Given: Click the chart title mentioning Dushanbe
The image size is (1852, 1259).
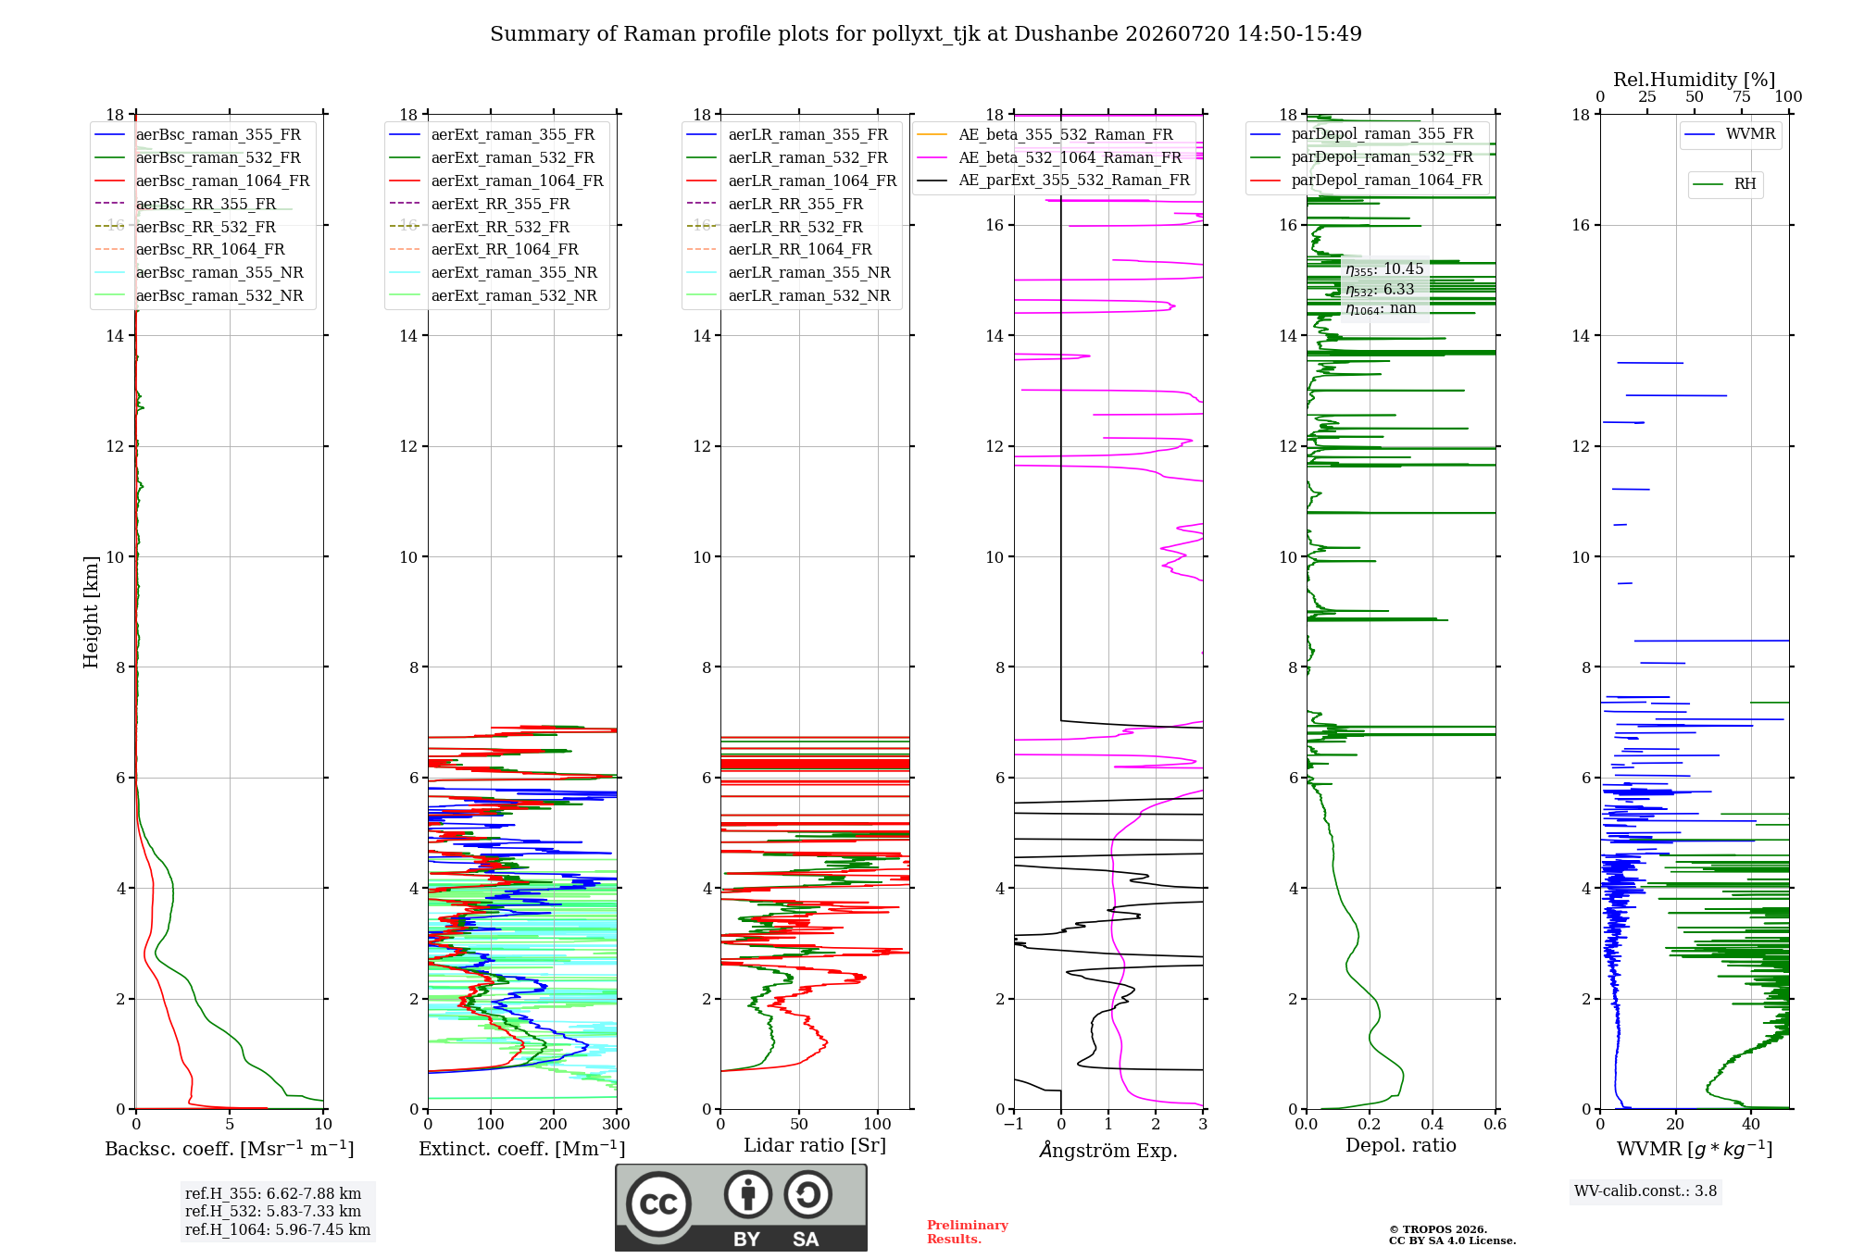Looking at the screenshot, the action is (x=926, y=34).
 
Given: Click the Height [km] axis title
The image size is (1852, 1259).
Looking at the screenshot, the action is (x=91, y=612).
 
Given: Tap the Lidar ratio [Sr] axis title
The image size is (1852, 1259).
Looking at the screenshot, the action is (x=815, y=1146).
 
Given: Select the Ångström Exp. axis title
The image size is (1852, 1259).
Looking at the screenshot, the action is (x=1108, y=1150).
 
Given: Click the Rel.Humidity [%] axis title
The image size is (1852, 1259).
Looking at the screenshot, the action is (x=1695, y=80).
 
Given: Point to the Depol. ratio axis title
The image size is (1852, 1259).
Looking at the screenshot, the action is (x=1401, y=1146).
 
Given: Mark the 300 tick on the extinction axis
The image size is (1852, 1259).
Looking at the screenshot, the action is (x=616, y=1125).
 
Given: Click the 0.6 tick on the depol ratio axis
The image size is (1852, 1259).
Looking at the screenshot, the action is (x=1495, y=1125).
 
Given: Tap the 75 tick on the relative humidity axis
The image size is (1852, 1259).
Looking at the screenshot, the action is (x=1742, y=97).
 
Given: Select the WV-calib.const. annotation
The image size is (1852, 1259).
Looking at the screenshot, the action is (x=1646, y=1191).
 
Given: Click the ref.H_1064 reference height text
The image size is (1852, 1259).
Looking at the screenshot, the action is (x=278, y=1230).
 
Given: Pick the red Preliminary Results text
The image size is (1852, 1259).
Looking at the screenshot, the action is (x=968, y=1232).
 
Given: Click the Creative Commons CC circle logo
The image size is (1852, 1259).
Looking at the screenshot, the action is (x=658, y=1204).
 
